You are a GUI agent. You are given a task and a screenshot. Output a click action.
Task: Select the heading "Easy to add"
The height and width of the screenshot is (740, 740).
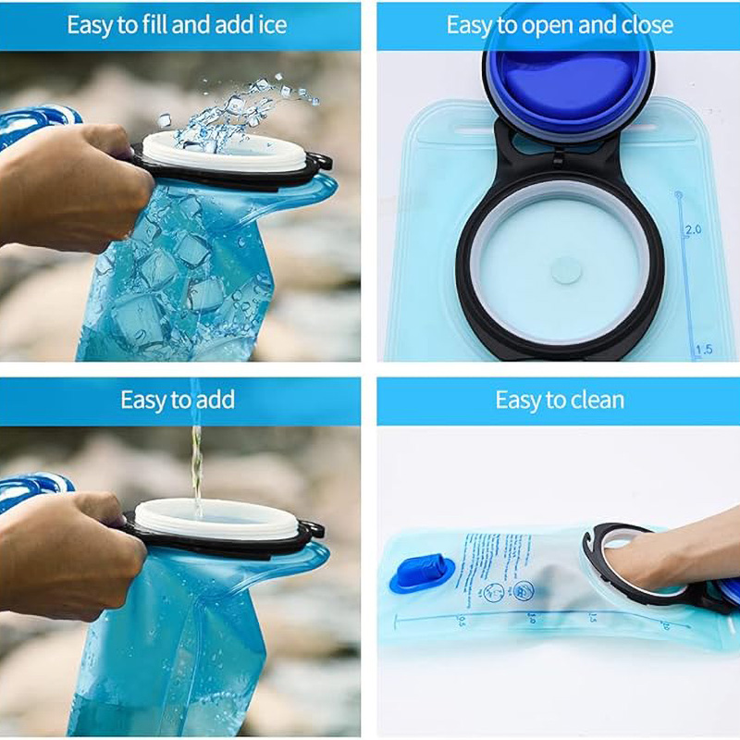pos(178,400)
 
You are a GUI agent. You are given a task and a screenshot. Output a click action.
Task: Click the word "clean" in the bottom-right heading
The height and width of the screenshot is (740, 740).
pos(597,400)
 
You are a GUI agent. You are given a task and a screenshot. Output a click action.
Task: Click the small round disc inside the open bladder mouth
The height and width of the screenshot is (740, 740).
pos(561,270)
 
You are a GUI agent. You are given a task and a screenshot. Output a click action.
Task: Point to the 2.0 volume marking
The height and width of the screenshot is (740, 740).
pos(692,228)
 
